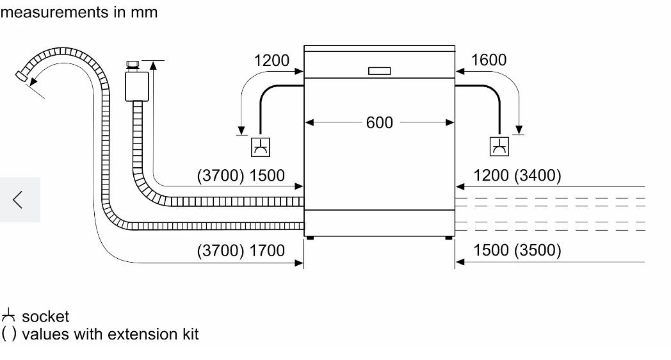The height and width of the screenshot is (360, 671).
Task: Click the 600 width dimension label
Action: (x=379, y=122)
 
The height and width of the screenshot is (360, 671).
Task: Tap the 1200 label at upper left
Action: (x=271, y=60)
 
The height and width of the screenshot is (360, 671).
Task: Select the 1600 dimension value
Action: (x=489, y=60)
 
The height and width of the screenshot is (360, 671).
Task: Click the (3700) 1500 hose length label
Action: (x=240, y=176)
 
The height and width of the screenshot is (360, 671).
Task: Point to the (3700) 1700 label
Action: (x=240, y=250)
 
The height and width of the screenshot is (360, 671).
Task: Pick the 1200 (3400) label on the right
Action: (x=517, y=176)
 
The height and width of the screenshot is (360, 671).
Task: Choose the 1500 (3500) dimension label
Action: (x=517, y=250)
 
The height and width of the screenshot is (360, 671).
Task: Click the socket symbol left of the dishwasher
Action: (x=261, y=147)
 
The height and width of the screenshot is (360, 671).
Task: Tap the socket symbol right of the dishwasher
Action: (x=499, y=147)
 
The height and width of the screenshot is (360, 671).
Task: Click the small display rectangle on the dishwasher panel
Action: (x=379, y=71)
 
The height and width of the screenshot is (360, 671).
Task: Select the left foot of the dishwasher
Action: (x=310, y=238)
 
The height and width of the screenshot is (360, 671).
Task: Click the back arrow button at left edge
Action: (x=19, y=200)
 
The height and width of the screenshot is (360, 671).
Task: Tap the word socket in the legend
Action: (x=45, y=316)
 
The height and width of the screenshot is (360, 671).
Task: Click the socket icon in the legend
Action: (x=8, y=316)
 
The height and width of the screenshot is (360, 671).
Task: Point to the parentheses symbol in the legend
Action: (x=8, y=334)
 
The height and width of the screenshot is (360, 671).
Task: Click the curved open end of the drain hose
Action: (x=22, y=76)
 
